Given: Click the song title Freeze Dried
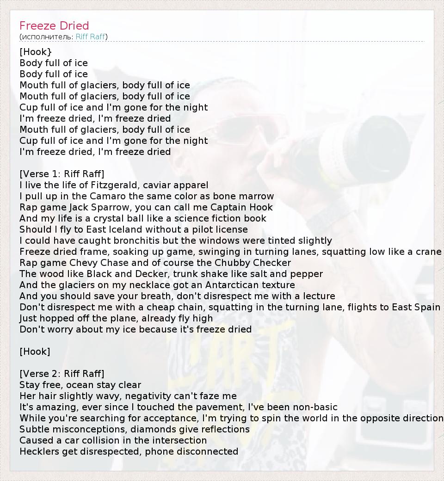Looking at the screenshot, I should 54,25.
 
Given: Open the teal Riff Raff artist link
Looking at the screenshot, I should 90,37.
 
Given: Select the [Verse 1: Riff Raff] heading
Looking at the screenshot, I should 62,174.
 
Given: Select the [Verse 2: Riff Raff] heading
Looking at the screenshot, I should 62,374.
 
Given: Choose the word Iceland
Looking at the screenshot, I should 126,229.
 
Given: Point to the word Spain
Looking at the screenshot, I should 427,307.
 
